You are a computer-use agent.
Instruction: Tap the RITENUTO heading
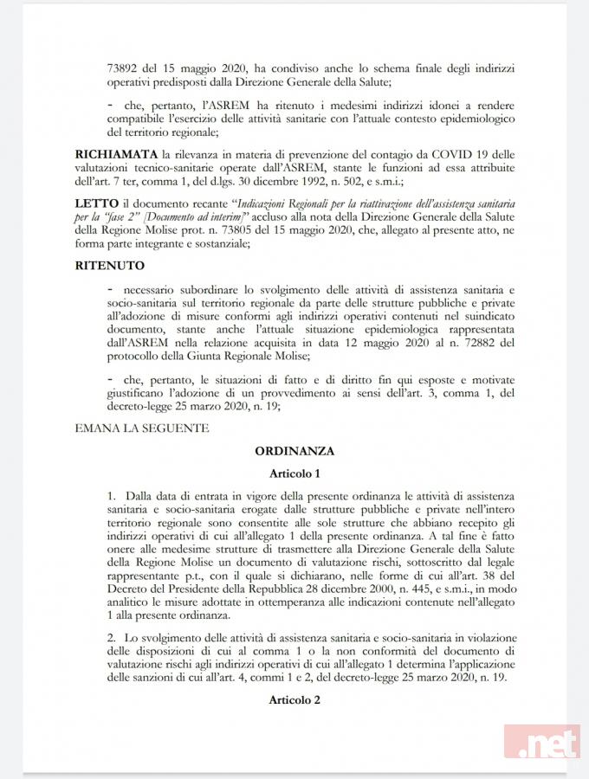click(x=110, y=265)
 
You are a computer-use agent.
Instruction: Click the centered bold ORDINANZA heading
click(x=294, y=451)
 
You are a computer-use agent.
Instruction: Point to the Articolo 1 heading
click(x=294, y=473)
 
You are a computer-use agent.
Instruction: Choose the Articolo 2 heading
click(x=294, y=698)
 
